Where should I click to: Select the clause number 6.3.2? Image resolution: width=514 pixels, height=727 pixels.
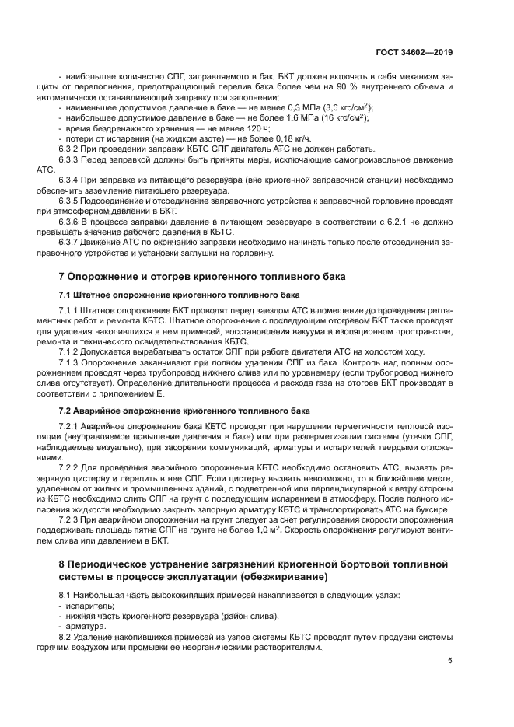pyautogui.click(x=71, y=149)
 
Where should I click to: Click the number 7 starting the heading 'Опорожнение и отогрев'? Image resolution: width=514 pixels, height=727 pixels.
pyautogui.click(x=62, y=277)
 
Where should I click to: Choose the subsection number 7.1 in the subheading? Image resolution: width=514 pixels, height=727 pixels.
pyautogui.click(x=66, y=295)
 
